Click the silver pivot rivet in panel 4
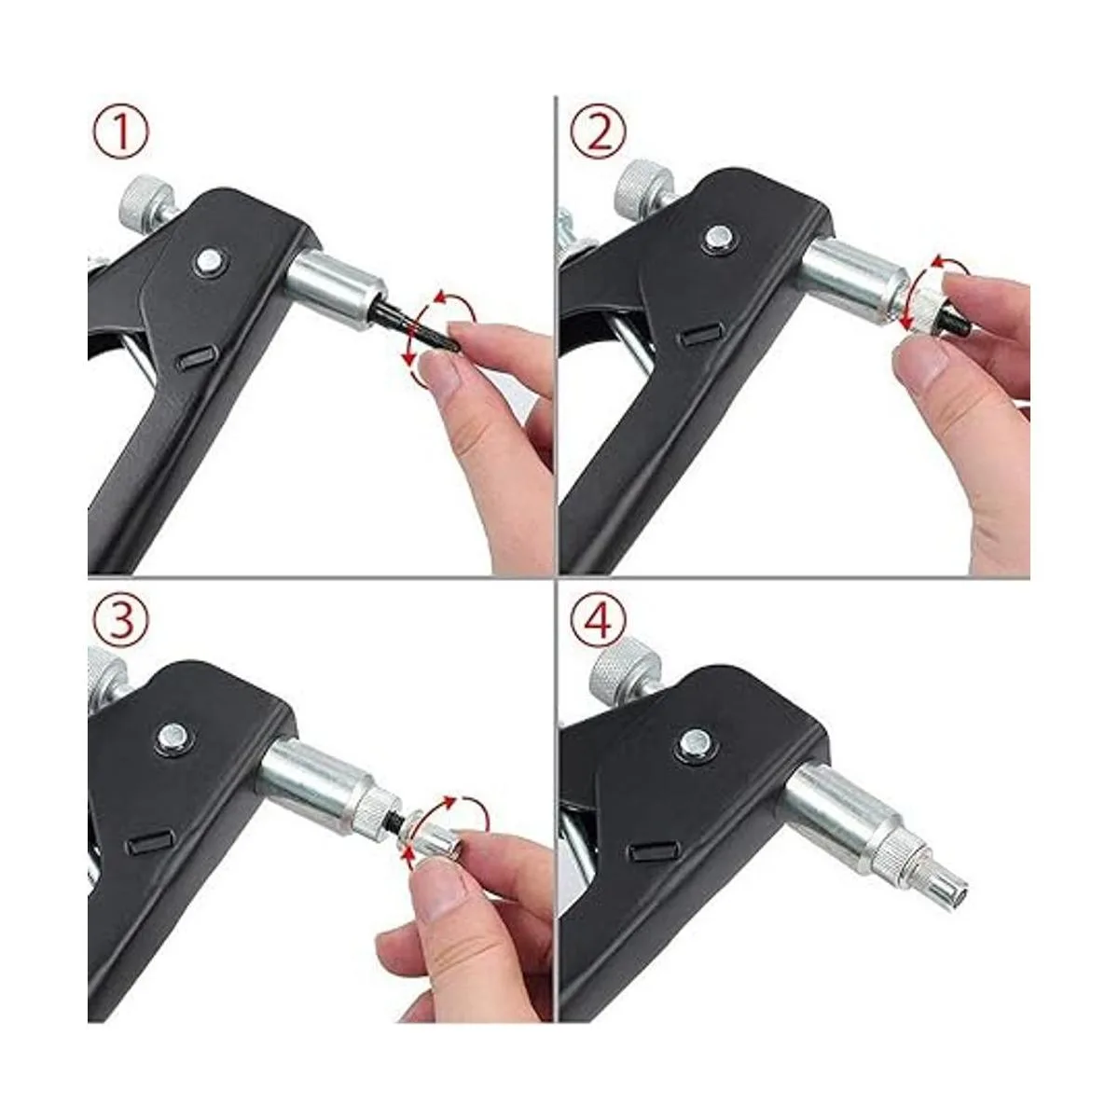697,742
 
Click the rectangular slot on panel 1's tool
195,358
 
